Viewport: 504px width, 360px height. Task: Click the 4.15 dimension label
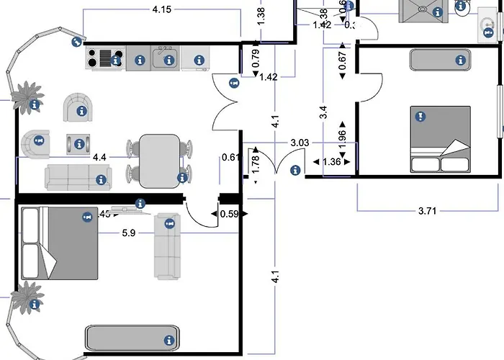pos(163,9)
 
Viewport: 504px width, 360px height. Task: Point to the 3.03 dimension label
pos(300,143)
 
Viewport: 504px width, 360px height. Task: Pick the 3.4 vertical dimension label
pos(323,112)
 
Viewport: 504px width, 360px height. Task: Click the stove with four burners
pos(105,58)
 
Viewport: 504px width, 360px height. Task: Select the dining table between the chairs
pos(159,161)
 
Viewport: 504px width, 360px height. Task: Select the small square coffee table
pos(79,143)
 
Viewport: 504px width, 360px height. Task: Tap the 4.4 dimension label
pos(100,156)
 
